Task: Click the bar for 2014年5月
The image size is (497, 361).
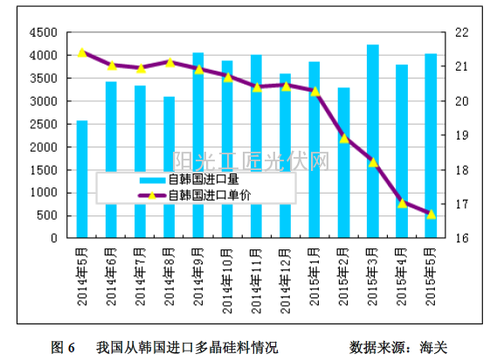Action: tap(82, 179)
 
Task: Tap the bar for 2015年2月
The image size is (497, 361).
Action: tap(344, 162)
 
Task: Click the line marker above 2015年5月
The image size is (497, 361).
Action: tap(431, 214)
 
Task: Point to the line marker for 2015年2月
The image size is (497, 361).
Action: tap(344, 138)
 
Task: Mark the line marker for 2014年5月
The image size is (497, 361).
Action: tap(82, 52)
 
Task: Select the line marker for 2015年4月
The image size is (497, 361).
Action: tap(402, 203)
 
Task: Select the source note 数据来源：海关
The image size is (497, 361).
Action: tap(397, 346)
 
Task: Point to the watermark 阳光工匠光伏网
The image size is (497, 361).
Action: tap(251, 160)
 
